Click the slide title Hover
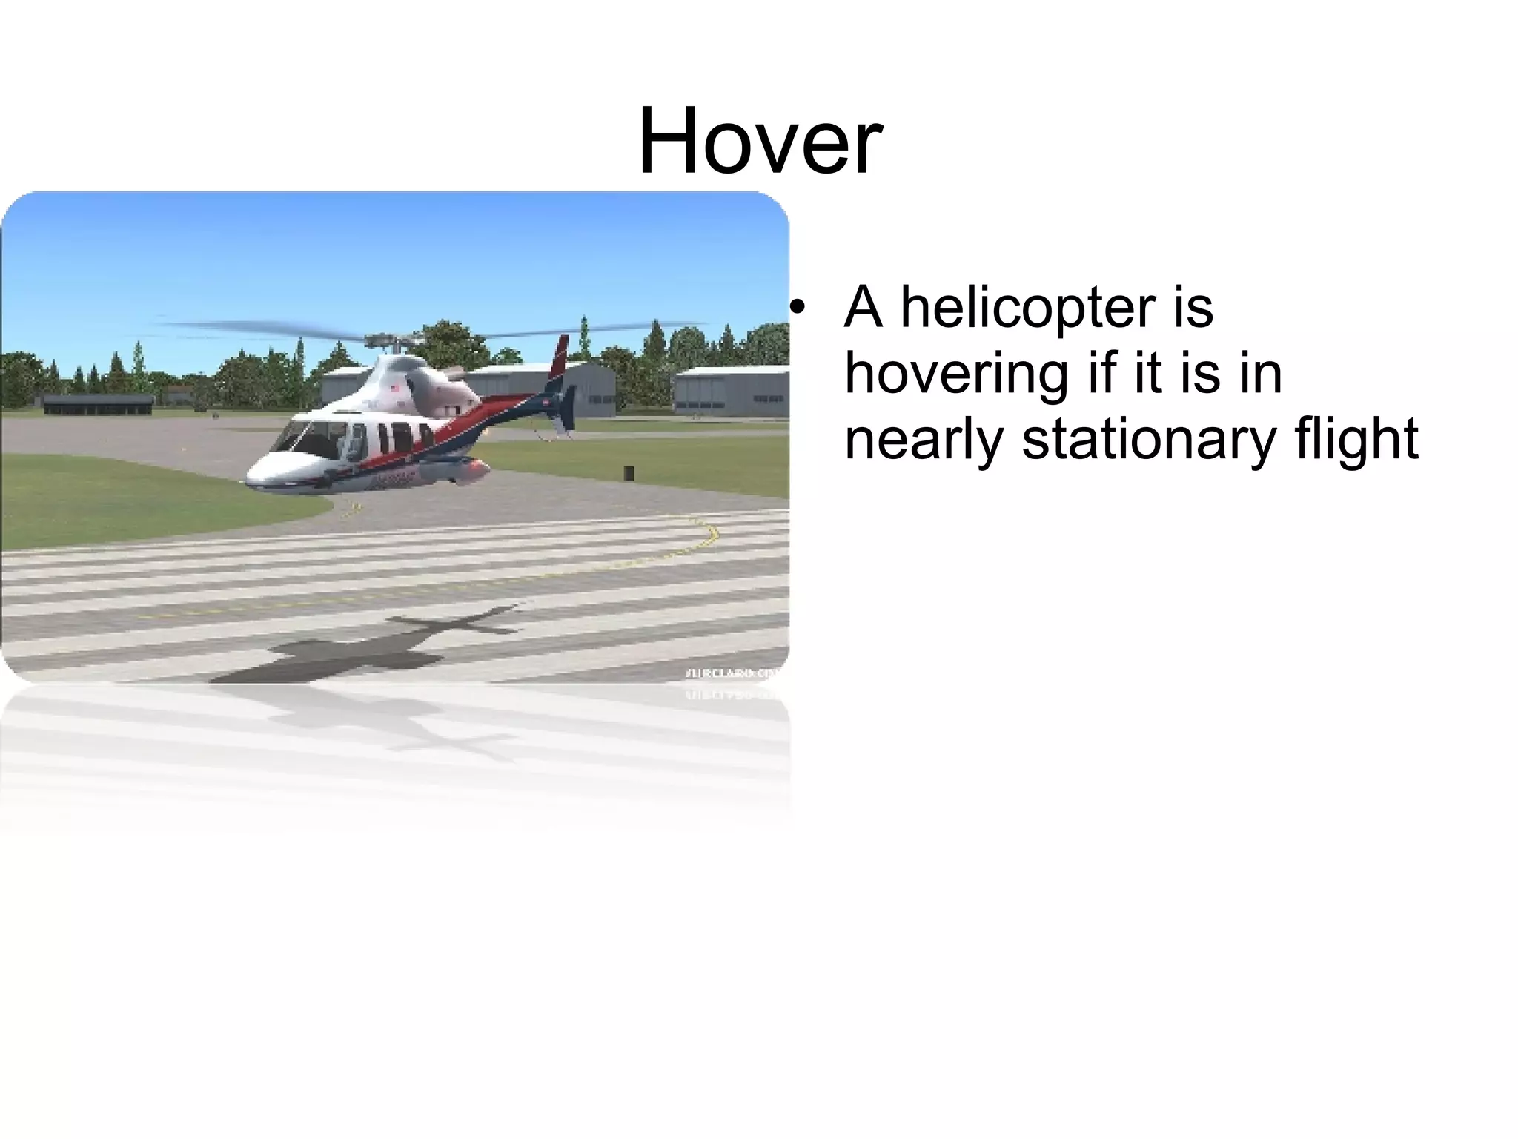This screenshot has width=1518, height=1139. tap(760, 141)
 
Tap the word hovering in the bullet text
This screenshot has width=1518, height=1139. tap(957, 374)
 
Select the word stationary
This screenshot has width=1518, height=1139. tap(1148, 439)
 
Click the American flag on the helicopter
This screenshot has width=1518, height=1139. tap(395, 387)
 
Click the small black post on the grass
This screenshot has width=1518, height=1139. tap(629, 473)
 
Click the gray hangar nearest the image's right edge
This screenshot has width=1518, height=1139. tap(730, 391)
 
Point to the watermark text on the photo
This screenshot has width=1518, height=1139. tap(734, 673)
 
